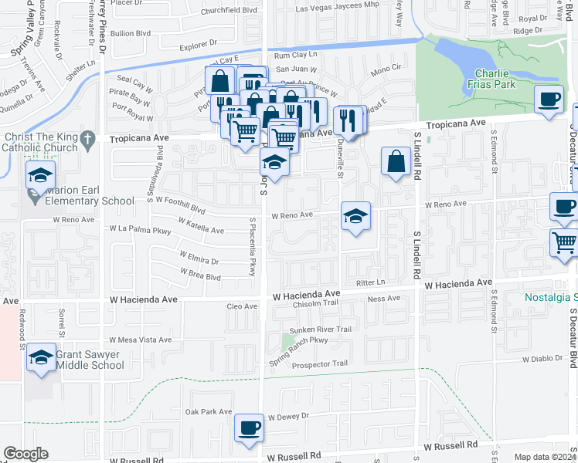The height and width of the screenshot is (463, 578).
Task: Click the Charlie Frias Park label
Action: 495,80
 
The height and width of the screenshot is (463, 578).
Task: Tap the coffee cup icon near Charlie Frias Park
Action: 549,100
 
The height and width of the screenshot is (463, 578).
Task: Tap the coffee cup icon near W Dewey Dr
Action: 248,428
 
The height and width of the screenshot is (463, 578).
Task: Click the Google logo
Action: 25,454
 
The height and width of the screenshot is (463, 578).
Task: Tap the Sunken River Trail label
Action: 320,330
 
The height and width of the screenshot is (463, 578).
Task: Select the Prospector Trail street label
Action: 319,363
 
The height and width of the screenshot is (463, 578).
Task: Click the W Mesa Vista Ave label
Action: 140,340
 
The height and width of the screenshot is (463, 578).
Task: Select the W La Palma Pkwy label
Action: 140,229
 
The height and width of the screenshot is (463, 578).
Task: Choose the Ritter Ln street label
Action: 370,282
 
